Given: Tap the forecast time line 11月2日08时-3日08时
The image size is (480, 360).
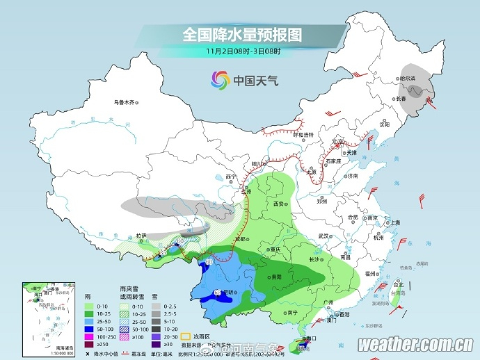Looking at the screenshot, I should (243, 51).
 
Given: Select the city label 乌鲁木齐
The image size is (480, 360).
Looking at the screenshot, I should (123, 102).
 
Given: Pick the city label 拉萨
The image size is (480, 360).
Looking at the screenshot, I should (142, 236).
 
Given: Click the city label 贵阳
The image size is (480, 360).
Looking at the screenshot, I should (277, 276).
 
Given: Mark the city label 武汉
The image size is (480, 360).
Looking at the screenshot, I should (323, 236).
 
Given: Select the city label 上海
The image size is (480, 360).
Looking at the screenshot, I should (394, 222).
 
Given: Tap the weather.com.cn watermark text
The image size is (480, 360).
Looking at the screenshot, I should (416, 345).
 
